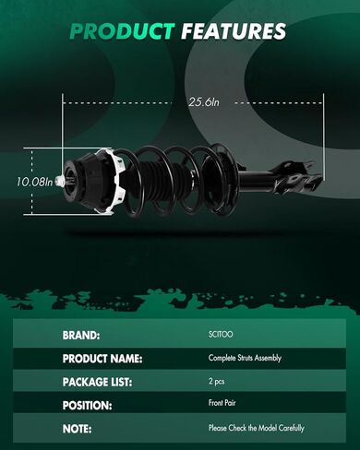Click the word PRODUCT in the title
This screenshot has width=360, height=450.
pyautogui.click(x=122, y=31)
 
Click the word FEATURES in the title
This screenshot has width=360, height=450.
pyautogui.click(x=234, y=31)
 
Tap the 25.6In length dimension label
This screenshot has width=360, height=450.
pyautogui.click(x=204, y=102)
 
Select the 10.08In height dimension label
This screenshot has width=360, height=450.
pyautogui.click(x=34, y=182)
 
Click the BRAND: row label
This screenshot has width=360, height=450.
pyautogui.click(x=81, y=336)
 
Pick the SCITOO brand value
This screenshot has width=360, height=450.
pyautogui.click(x=221, y=334)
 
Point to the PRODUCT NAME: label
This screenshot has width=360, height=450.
pyautogui.click(x=102, y=359)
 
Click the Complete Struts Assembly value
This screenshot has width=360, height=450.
pyautogui.click(x=245, y=358)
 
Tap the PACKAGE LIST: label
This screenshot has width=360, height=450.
pyautogui.click(x=97, y=382)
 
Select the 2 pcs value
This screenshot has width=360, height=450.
pyautogui.click(x=217, y=382)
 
